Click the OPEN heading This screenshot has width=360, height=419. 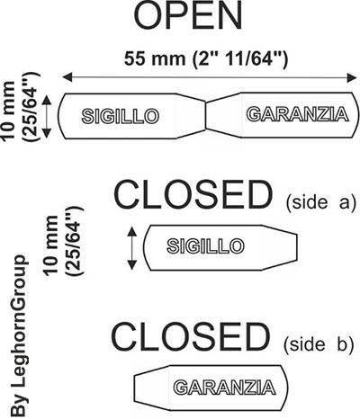(188, 15)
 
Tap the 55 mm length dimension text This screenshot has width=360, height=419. (206, 58)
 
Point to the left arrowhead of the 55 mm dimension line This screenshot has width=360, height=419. (67, 77)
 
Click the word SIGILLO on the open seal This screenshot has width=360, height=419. (121, 116)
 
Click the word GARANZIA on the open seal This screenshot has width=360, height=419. (297, 114)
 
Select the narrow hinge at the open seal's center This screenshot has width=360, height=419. (206, 116)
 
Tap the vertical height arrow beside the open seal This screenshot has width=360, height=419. (46, 116)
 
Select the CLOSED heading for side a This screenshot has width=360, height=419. (193, 195)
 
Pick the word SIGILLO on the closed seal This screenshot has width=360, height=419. (206, 246)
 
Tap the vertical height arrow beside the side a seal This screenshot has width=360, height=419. (131, 248)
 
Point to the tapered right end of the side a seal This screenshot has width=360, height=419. (280, 248)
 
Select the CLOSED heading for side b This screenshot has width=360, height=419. (190, 336)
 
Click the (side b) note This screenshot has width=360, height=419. (319, 344)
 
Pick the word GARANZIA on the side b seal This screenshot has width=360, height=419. (224, 388)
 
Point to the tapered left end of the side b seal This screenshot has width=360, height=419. (152, 388)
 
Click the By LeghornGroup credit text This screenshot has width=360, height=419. (19, 335)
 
